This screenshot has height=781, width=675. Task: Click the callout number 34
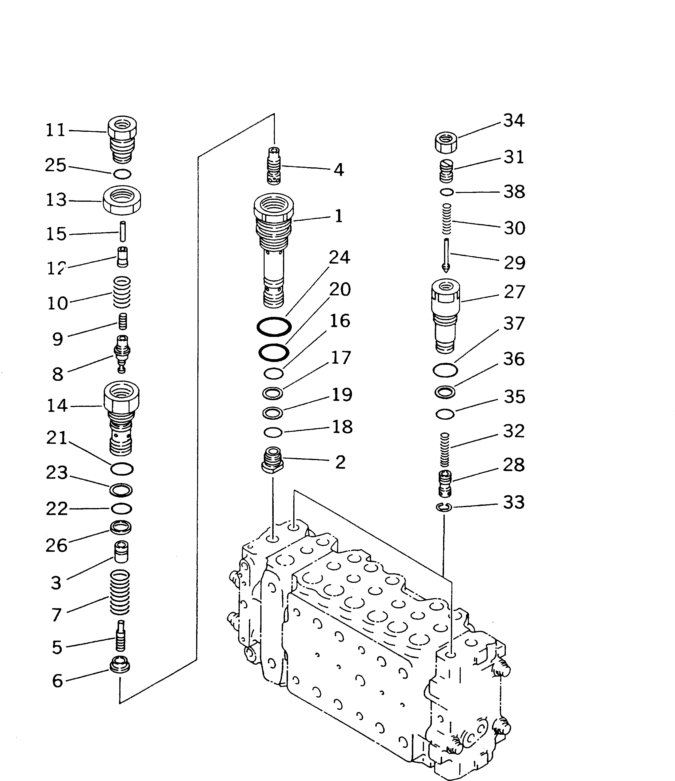[514, 121]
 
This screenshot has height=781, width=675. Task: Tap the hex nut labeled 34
[446, 143]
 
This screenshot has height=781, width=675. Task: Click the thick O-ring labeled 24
[274, 326]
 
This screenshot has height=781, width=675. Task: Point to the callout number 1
[338, 216]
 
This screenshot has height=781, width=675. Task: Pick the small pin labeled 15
[122, 231]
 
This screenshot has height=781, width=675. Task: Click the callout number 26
[57, 545]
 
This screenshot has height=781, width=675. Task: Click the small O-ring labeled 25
[122, 174]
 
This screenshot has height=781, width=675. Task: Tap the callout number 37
[514, 323]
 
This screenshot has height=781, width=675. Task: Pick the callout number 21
[57, 438]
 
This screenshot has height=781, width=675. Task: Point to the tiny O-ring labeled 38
[447, 192]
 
